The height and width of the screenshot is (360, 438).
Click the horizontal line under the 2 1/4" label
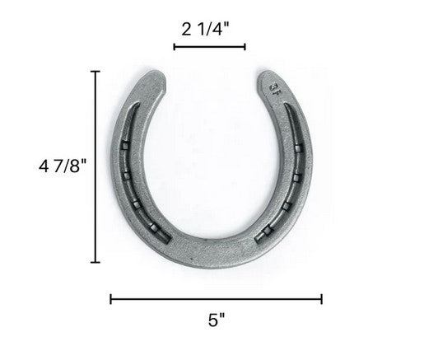click(209, 46)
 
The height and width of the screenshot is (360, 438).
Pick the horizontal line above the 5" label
click(216, 299)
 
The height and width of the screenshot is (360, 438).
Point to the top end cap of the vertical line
click(96, 72)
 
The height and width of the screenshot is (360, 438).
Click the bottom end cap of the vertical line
click(96, 262)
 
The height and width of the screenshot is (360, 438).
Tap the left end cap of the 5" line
click(110, 299)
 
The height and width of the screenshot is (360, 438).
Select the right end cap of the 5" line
click(322, 299)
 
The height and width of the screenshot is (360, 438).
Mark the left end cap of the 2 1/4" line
click(174, 46)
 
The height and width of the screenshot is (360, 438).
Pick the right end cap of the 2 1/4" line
click(245, 46)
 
